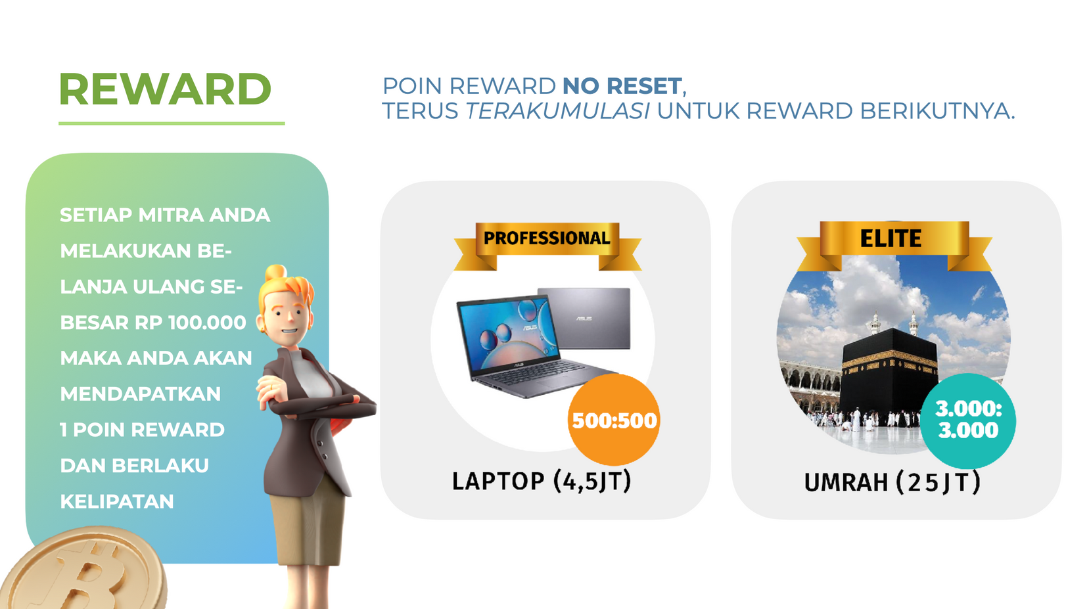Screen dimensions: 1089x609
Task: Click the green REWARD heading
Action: pos(165,89)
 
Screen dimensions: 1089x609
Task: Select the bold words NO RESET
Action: pos(622,86)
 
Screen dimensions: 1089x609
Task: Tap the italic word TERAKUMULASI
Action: pos(557,111)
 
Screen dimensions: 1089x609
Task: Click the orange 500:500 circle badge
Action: pos(614,420)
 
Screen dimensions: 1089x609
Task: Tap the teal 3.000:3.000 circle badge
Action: pos(969,420)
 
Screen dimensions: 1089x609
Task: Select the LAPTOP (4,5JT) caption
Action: pos(542,481)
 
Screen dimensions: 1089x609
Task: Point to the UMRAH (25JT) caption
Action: pos(892,482)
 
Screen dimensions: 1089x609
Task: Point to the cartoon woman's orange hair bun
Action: pos(275,273)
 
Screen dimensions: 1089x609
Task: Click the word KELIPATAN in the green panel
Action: pos(117,501)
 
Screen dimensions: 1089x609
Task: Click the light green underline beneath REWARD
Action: pos(172,124)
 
